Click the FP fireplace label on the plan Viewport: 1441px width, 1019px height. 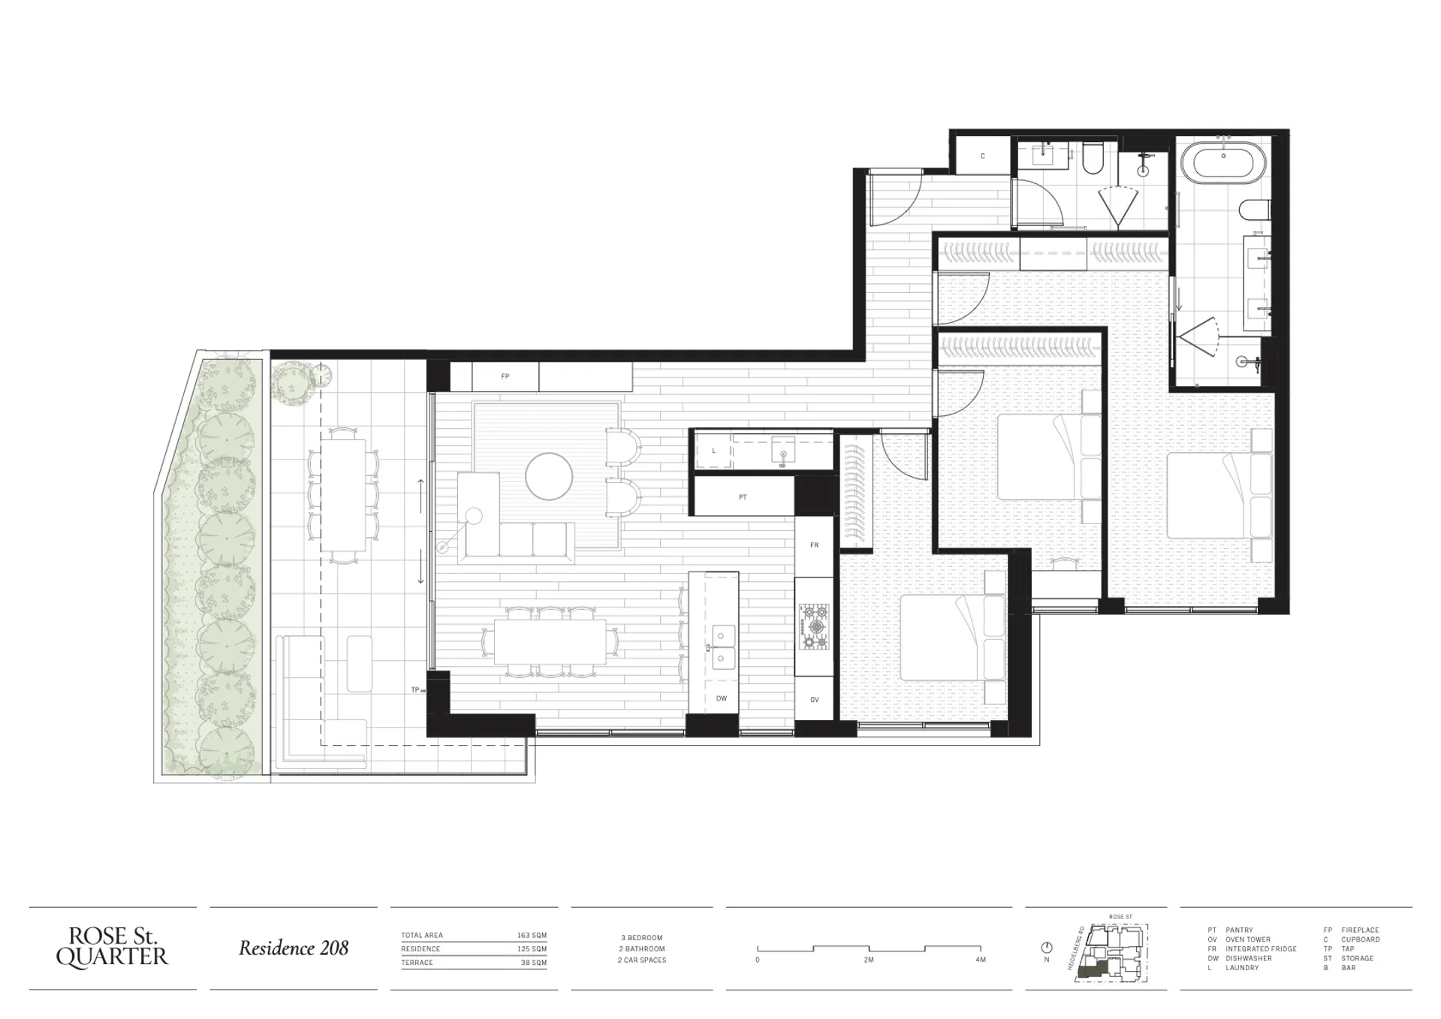505,376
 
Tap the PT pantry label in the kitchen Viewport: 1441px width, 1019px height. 743,497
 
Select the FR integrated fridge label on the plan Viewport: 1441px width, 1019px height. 815,545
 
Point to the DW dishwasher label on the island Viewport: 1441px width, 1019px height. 722,698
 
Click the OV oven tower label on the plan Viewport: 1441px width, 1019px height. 815,700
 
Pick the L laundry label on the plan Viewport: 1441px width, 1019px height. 714,451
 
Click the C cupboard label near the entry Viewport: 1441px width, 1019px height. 983,156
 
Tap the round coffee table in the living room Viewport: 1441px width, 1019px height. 549,476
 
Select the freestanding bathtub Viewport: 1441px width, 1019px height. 1224,163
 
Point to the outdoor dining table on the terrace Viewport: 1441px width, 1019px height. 345,496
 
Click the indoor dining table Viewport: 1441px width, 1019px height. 550,642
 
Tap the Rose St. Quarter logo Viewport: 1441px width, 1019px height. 113,947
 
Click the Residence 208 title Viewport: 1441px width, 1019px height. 294,948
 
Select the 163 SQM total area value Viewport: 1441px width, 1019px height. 532,936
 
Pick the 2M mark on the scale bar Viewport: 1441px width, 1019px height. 869,960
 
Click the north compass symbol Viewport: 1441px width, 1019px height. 1047,948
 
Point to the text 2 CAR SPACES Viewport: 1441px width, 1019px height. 642,960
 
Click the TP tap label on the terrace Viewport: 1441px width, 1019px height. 415,689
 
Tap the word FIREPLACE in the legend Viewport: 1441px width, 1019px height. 1361,930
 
